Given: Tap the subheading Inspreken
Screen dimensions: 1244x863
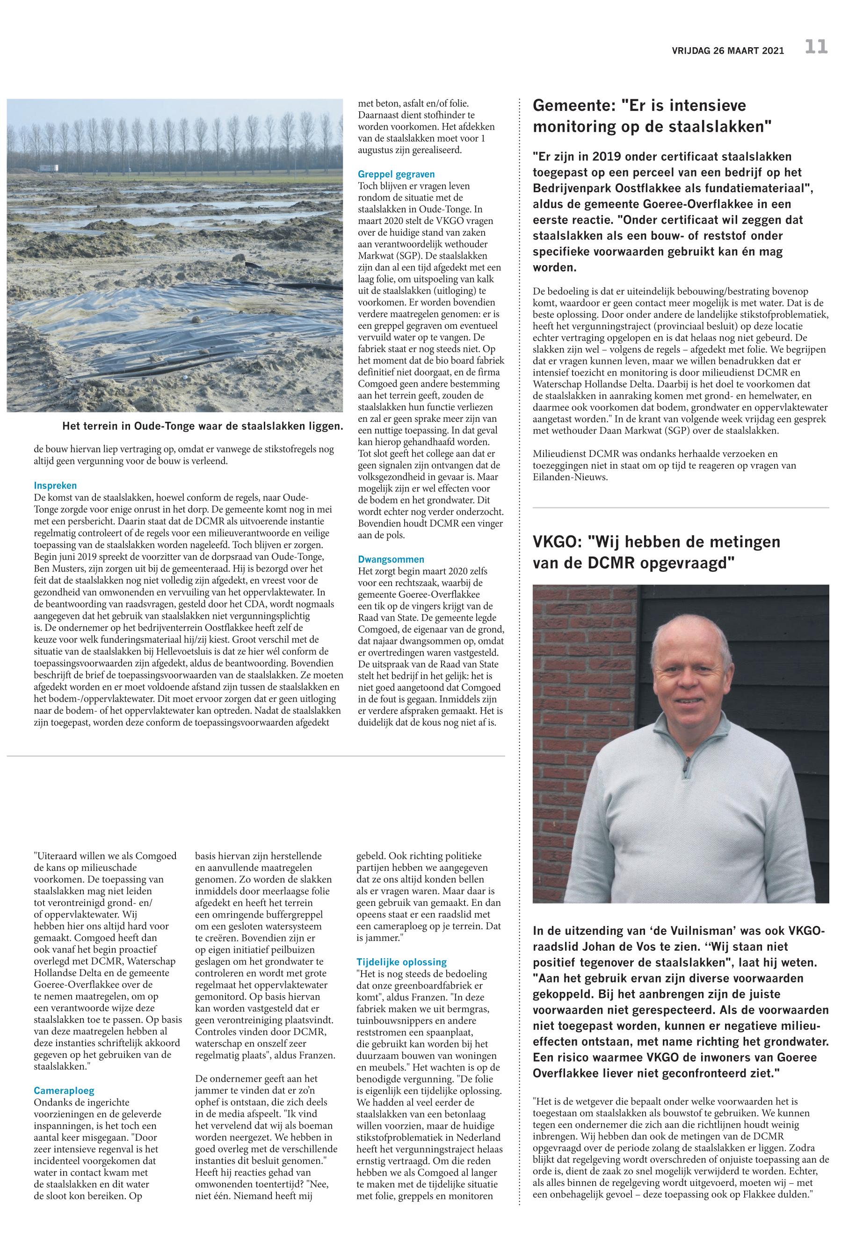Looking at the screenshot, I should (55, 485).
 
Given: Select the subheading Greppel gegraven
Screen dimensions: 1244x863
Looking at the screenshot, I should (396, 174).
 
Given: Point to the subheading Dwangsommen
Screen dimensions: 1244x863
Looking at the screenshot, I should (391, 559).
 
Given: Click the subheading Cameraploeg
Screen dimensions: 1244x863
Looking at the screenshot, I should (64, 1091).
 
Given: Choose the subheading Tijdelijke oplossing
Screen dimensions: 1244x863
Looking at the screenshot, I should (401, 962).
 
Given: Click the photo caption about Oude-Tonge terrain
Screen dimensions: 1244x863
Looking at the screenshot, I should (202, 426).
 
